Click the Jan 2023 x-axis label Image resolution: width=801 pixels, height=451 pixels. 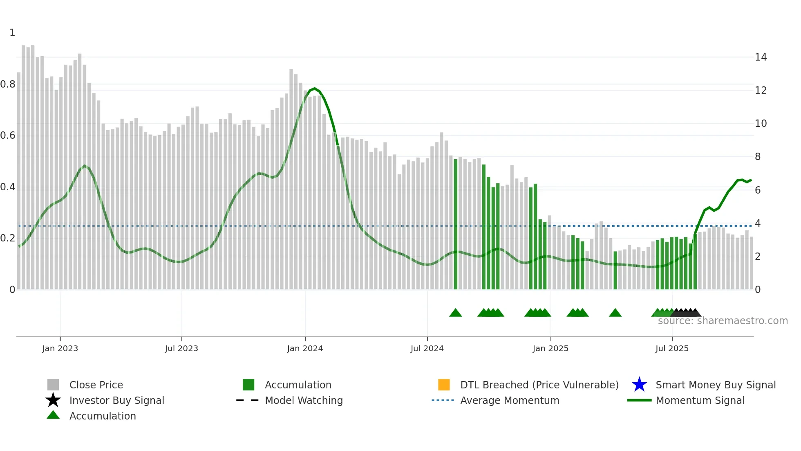click(x=60, y=348)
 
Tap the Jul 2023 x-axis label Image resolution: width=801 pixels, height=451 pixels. click(x=181, y=348)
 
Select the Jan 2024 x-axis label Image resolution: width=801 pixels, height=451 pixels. click(x=305, y=348)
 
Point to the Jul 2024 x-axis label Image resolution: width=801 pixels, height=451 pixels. click(x=427, y=348)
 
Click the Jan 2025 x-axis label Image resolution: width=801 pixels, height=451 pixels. click(x=550, y=348)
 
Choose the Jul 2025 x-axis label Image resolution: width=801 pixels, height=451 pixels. click(x=672, y=348)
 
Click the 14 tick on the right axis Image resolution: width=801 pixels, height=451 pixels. click(x=761, y=57)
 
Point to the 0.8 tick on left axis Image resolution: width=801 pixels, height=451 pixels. click(x=8, y=84)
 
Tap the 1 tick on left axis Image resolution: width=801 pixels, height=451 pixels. click(x=12, y=33)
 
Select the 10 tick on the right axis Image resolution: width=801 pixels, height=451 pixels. click(x=761, y=124)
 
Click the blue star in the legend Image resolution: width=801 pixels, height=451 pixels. click(x=639, y=385)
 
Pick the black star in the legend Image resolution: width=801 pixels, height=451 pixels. click(x=53, y=400)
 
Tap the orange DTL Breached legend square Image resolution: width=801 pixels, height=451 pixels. click(x=444, y=385)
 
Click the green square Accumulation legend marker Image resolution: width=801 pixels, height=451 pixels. click(x=248, y=385)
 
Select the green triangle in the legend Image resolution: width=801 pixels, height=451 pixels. click(x=53, y=415)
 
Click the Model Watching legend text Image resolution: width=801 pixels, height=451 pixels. click(x=304, y=400)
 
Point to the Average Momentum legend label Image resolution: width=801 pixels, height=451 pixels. click(x=510, y=400)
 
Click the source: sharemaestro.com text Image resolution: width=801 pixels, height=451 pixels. click(x=723, y=321)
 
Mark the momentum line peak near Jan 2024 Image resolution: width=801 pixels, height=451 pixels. click(x=314, y=88)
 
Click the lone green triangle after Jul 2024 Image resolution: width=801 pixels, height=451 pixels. click(x=455, y=313)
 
